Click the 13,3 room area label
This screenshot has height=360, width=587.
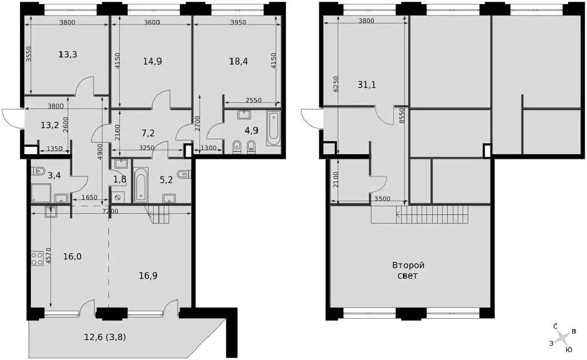[x=68, y=54]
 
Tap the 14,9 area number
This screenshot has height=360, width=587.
[x=152, y=61]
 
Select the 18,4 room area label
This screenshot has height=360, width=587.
[x=238, y=61]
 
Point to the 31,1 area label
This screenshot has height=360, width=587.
[x=367, y=85]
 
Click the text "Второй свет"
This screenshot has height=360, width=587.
[x=408, y=271]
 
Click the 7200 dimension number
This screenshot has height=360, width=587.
[x=111, y=212]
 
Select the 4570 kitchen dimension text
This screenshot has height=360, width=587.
[x=48, y=256]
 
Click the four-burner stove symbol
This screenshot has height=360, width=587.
[x=37, y=258]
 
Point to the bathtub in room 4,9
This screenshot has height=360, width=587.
[x=273, y=128]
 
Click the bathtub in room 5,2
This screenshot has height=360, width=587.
[x=141, y=185]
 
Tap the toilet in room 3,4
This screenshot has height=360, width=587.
[x=38, y=171]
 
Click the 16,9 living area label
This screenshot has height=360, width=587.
[x=148, y=276]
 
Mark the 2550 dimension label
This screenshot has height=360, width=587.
[x=253, y=100]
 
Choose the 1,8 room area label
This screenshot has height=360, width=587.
[x=120, y=179]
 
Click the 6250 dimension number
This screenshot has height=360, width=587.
[x=336, y=84]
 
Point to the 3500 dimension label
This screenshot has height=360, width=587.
[x=382, y=199]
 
